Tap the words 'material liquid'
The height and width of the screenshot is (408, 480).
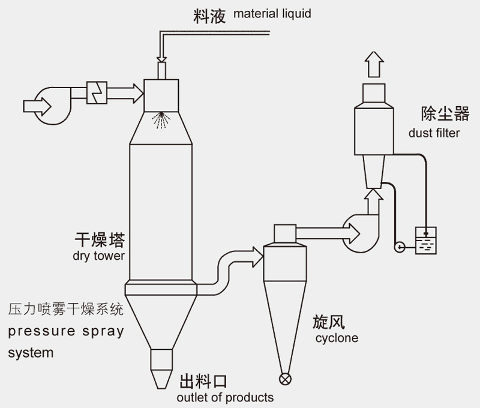[272, 13]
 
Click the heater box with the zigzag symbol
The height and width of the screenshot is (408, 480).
[97, 92]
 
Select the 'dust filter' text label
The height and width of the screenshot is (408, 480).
[434, 133]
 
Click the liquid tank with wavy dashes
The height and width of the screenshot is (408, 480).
[426, 241]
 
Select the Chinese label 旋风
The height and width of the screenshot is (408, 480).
[328, 322]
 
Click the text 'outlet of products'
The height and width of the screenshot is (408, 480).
[225, 397]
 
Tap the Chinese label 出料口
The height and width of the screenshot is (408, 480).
[204, 382]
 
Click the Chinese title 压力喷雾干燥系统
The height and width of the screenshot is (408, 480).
[66, 310]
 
